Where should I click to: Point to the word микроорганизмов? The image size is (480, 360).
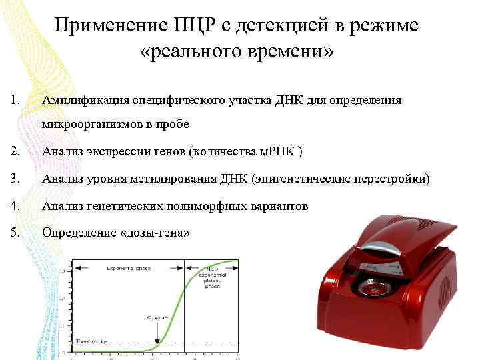88,124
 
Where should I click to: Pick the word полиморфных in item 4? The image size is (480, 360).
211,206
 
